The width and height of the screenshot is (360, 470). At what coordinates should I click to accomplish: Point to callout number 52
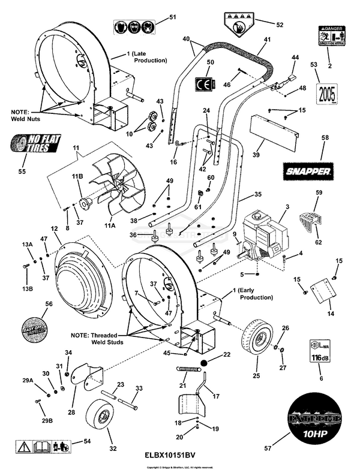tap(279, 25)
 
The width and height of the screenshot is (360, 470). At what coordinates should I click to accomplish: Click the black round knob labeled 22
tap(205, 363)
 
